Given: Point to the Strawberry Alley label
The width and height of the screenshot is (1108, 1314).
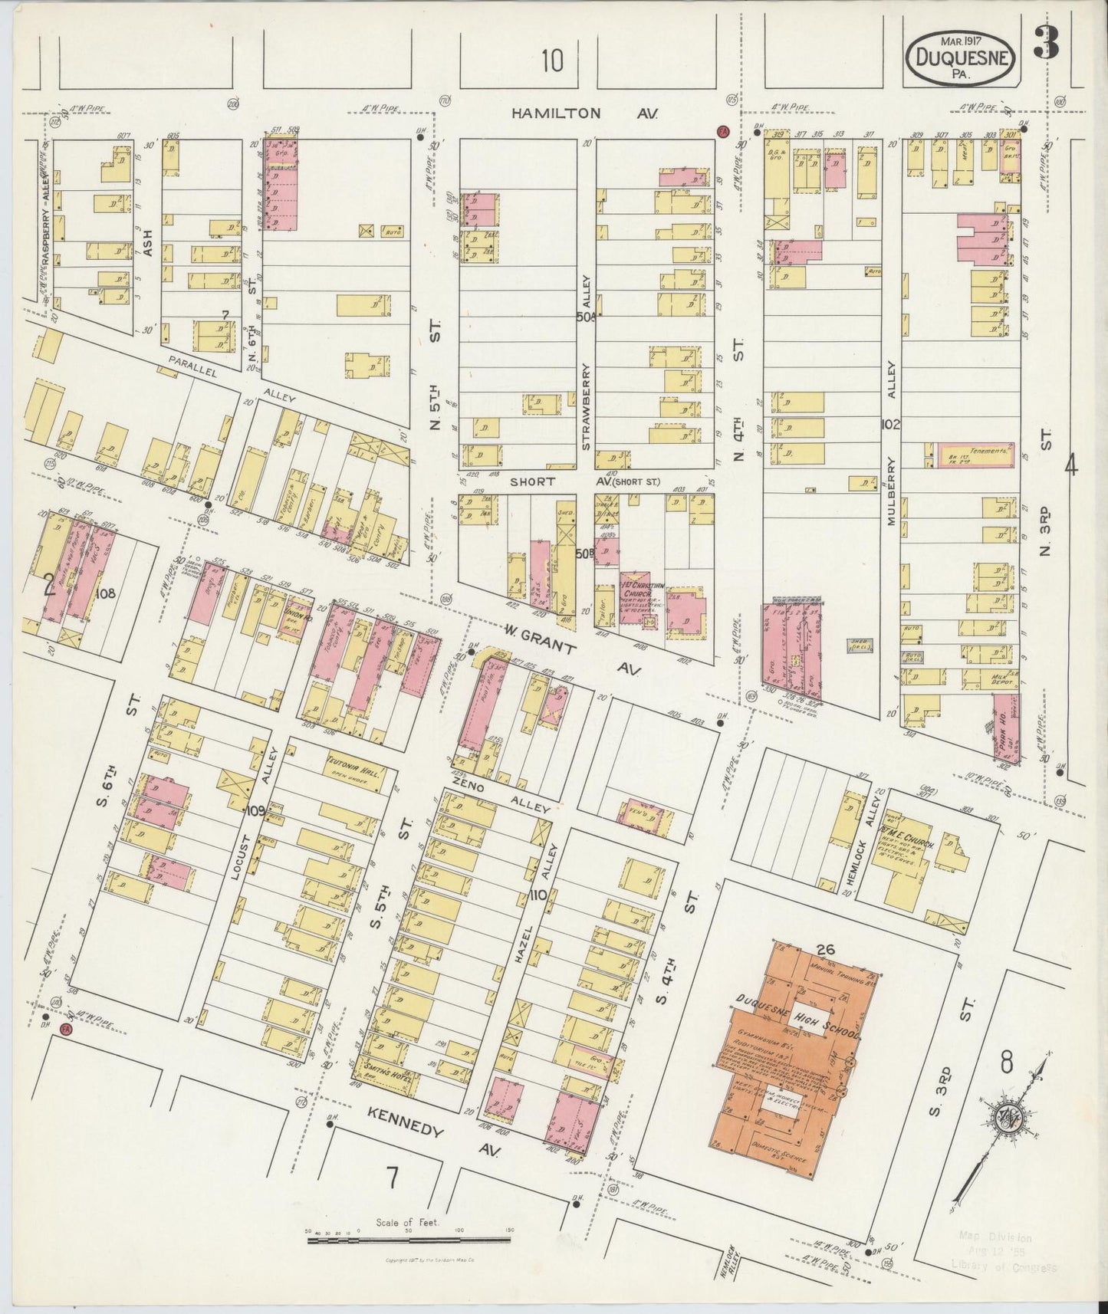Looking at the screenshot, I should click(x=587, y=383).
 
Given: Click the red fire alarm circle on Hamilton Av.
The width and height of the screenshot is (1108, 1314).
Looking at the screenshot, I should click(x=722, y=131).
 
